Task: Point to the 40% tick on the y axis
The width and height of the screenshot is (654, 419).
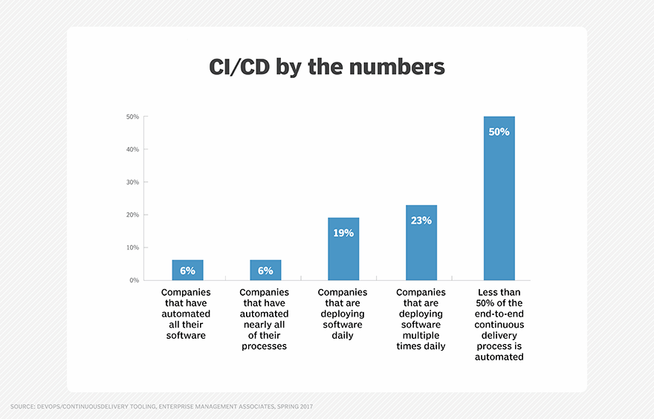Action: (x=132, y=149)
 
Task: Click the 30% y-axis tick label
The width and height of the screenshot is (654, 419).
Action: (x=132, y=182)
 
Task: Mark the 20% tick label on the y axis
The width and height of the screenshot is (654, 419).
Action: (x=132, y=215)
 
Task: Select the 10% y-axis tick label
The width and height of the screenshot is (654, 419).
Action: (x=132, y=247)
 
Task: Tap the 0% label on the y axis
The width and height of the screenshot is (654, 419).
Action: (x=134, y=280)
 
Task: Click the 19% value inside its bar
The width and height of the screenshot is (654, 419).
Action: (x=343, y=233)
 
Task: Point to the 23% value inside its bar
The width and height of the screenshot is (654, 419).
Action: (x=421, y=220)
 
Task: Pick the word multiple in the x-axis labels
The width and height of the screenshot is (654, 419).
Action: (x=421, y=335)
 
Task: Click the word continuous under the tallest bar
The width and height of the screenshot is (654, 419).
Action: (x=499, y=325)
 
